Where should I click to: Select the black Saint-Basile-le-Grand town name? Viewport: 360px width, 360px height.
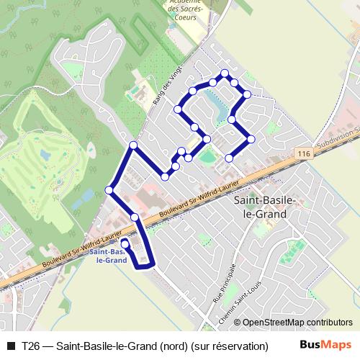[261, 208]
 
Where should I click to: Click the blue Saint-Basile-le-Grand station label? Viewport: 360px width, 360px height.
[109, 256]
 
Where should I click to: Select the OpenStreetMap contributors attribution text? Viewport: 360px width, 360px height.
[297, 323]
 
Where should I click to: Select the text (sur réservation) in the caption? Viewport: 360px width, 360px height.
[229, 346]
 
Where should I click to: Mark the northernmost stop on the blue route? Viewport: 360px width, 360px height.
[225, 73]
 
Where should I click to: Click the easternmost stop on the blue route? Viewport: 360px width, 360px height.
[252, 139]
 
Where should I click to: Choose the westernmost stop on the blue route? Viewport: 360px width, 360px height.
[109, 190]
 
